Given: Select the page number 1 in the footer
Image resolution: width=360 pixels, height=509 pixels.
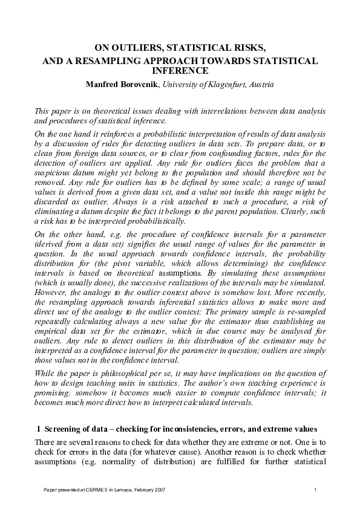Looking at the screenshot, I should [x=315, y=488].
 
